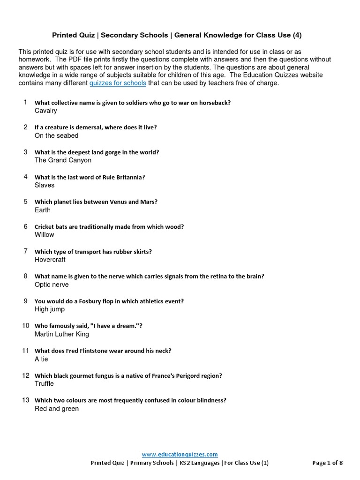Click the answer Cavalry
pos(46,111)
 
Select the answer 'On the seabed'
pos(57,135)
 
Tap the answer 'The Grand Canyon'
pos(63,160)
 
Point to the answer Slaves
pos(45,185)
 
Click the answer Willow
pos(45,234)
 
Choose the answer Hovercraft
pos(50,260)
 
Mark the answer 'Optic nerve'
pos(52,285)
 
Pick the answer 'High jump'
pos(50,309)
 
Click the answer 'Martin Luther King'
pos(62,334)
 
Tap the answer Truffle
pos(44,383)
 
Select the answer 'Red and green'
pos(57,409)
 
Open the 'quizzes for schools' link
pos(118,83)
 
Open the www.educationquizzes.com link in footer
pos(180,454)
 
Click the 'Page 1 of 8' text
pos(327,463)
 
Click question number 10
pos(26,325)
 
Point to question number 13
pos(26,400)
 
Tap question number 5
pos(26,202)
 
